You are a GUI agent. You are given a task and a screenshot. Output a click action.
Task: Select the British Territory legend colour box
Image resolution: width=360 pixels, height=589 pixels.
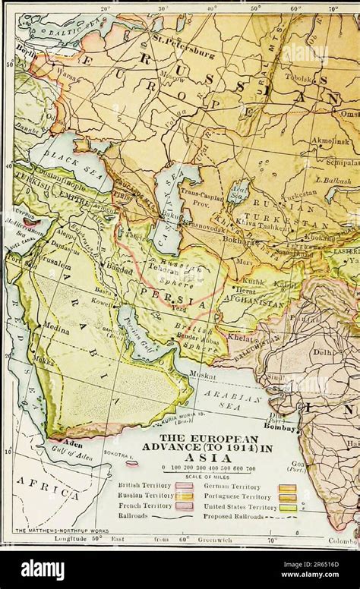click(185, 487)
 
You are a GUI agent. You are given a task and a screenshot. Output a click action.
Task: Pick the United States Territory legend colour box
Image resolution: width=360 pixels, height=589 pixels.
click(287, 508)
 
